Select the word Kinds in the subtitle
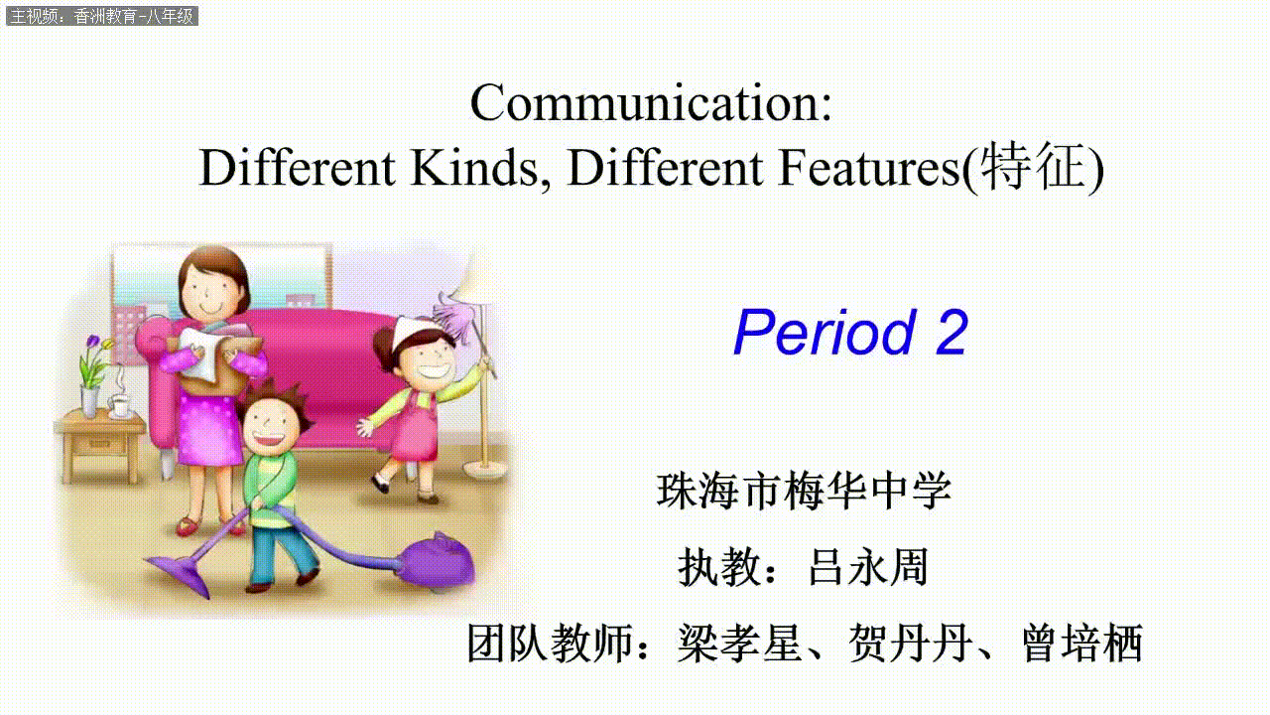474,168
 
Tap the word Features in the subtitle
868,168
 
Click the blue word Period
825,333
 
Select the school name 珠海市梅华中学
804,491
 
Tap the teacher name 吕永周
868,566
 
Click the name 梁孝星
739,643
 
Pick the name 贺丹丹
910,643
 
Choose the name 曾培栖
1082,643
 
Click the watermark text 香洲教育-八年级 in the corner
134,17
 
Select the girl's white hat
416,333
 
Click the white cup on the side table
120,406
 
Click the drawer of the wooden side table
100,445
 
